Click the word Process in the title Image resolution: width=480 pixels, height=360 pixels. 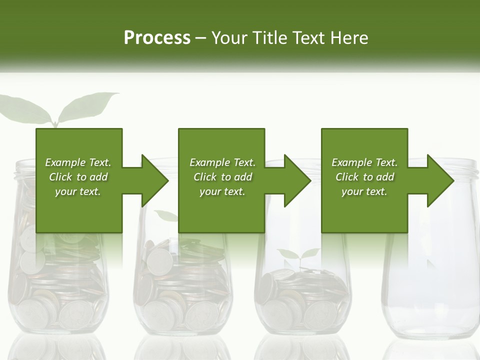[157, 37]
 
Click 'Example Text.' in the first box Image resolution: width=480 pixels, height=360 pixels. [78, 162]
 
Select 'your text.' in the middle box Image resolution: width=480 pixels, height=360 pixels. [222, 191]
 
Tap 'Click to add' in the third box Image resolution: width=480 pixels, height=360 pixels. [364, 177]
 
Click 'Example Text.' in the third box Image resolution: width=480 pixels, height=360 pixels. [364, 162]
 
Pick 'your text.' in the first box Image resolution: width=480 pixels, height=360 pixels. [78, 191]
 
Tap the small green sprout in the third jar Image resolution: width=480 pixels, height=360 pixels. [298, 255]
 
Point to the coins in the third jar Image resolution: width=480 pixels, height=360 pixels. [300, 300]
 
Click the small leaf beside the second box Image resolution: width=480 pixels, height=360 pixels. [166, 215]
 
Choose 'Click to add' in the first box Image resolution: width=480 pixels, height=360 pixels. [78, 177]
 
